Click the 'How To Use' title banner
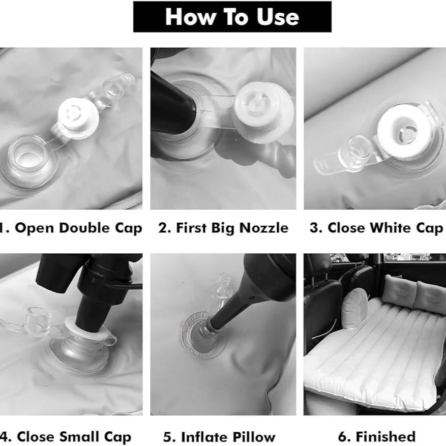pos(232,17)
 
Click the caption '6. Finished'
pos(376,436)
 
